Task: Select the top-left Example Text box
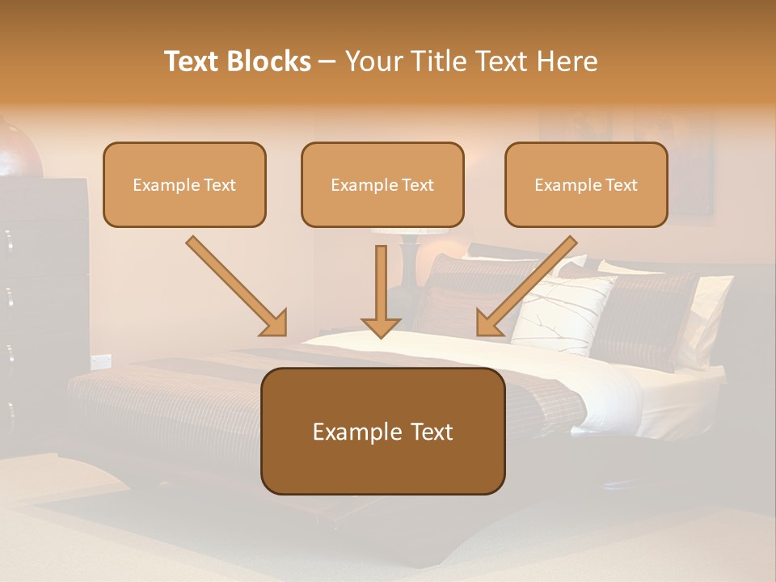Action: (x=184, y=184)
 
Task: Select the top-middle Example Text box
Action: (x=382, y=184)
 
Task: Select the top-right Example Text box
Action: (x=586, y=184)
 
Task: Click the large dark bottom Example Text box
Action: (x=382, y=432)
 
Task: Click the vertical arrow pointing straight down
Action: (x=381, y=291)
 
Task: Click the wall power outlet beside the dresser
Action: (x=100, y=361)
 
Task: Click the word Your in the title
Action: (x=370, y=61)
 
